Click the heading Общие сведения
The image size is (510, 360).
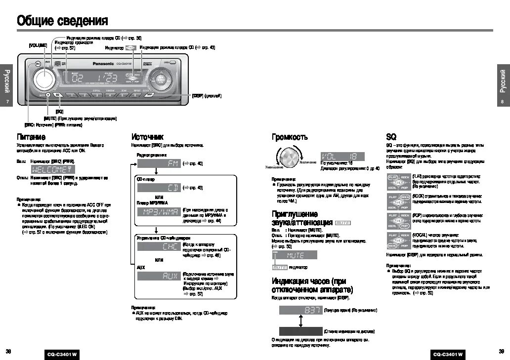[62, 21]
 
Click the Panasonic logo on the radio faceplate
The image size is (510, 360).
[103, 64]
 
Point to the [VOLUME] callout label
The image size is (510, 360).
[38, 45]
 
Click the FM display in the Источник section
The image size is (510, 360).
[158, 163]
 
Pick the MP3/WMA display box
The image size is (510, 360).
[158, 212]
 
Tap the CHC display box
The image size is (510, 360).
[158, 247]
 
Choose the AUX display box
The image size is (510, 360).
[158, 277]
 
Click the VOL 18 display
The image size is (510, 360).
[342, 156]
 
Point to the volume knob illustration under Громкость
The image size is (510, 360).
[289, 157]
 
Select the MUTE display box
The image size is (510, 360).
[295, 255]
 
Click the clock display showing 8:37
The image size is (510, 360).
[300, 310]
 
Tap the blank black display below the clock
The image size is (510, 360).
[300, 331]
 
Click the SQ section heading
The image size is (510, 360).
[391, 137]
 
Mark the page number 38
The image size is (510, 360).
[8, 351]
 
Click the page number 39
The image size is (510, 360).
[501, 351]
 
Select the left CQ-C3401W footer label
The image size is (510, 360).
[63, 355]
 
